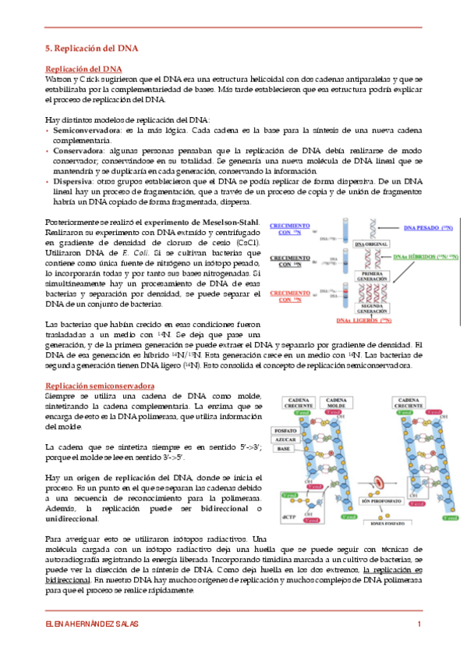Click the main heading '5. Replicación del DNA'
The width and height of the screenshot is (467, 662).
(x=92, y=48)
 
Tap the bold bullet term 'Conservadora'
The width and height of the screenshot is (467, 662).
(x=74, y=150)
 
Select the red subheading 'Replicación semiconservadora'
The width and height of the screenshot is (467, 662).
(x=100, y=386)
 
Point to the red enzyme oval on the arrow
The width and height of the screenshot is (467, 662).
(x=380, y=482)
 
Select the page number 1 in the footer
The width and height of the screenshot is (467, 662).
(x=419, y=623)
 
